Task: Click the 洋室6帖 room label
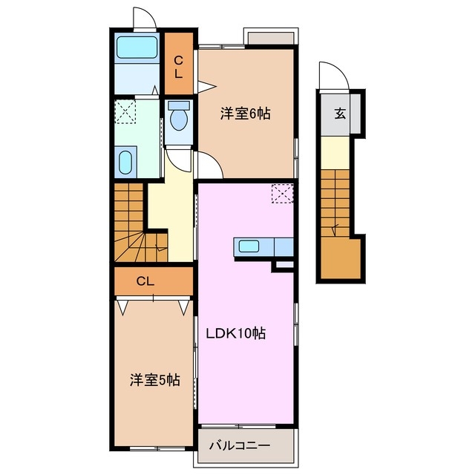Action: pyautogui.click(x=244, y=114)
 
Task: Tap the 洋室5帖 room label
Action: pyautogui.click(x=155, y=381)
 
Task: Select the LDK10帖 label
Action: pyautogui.click(x=235, y=333)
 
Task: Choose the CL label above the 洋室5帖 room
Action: pyautogui.click(x=145, y=281)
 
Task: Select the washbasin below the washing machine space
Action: pyautogui.click(x=125, y=162)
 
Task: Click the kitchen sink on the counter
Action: pyautogui.click(x=248, y=247)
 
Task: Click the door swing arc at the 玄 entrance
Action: pyautogui.click(x=328, y=75)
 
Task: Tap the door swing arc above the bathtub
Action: pyautogui.click(x=142, y=16)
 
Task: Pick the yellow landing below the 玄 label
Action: pyautogui.click(x=338, y=153)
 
